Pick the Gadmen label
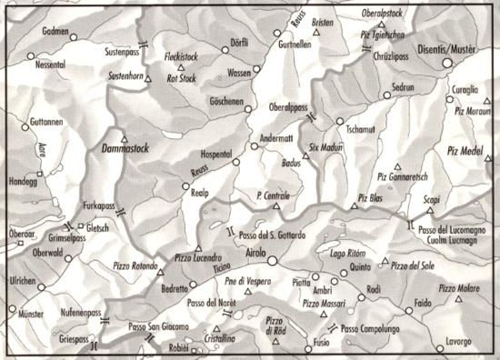(x=56, y=30)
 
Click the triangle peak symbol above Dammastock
(x=125, y=136)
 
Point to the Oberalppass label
(x=285, y=106)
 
